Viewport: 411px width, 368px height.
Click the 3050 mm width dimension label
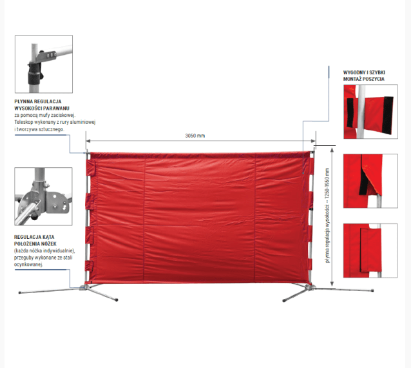click(195, 136)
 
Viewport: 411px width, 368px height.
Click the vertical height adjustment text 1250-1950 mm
click(328, 216)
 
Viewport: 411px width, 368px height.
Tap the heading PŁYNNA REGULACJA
click(38, 101)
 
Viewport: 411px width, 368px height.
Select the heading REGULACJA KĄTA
click(34, 237)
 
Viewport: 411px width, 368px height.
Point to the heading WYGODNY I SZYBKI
click(364, 72)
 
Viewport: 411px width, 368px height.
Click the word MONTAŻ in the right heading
click(352, 79)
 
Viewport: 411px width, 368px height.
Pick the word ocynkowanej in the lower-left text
click(28, 265)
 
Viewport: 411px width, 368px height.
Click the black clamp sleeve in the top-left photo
click(33, 72)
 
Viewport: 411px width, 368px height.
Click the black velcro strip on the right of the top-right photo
click(388, 115)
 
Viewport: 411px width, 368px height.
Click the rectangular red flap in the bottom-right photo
click(370, 250)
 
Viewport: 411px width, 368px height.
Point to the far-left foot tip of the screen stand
click(20, 292)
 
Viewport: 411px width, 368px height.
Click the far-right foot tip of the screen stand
click(372, 291)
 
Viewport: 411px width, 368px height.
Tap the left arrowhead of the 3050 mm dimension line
click(88, 141)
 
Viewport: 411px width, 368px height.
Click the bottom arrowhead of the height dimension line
click(332, 283)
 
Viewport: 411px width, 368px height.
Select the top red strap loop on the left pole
click(90, 168)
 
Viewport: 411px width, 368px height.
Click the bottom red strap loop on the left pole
click(90, 266)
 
